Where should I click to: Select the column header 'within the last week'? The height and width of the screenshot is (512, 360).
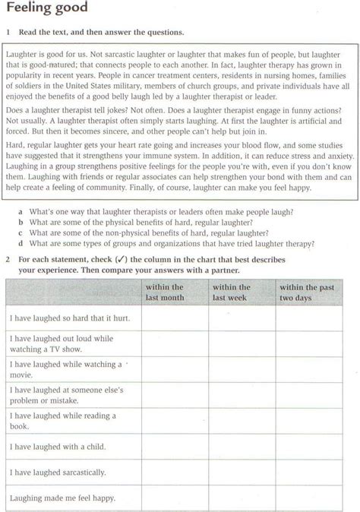(x=232, y=293)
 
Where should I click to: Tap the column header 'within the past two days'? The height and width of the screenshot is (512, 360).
(x=306, y=293)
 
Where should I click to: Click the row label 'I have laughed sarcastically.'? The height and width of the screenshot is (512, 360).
(x=58, y=472)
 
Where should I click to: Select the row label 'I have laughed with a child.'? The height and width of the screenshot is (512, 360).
(x=58, y=446)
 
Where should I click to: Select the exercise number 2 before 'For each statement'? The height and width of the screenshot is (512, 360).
(x=7, y=260)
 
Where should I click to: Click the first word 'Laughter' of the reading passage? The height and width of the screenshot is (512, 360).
(x=23, y=55)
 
